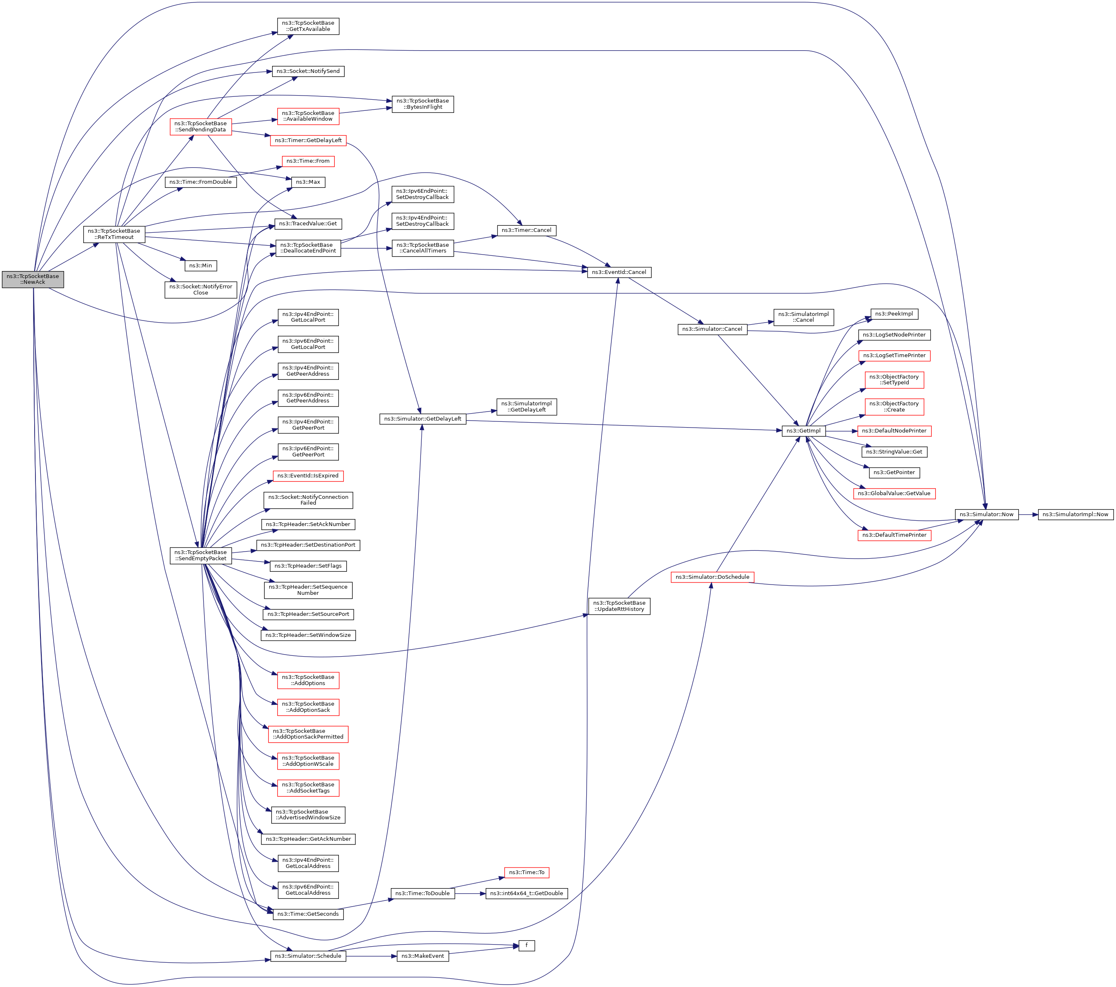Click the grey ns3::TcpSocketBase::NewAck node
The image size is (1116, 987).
click(x=33, y=279)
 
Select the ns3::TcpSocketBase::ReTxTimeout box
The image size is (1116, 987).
click(x=114, y=234)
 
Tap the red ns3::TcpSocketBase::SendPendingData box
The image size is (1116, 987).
click(x=200, y=126)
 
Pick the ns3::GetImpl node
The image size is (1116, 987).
click(x=803, y=431)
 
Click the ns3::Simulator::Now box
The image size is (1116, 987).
click(x=986, y=515)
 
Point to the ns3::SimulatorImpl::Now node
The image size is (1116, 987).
click(x=1075, y=515)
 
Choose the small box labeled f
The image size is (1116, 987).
click(x=526, y=945)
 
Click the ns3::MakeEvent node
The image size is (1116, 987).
click(x=423, y=956)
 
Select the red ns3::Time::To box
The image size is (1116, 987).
click(x=526, y=872)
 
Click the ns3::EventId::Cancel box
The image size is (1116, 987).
click(x=619, y=272)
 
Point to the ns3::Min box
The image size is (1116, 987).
click(x=200, y=266)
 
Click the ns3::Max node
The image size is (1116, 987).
click(x=308, y=182)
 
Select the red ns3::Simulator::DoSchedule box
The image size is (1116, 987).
click(x=712, y=577)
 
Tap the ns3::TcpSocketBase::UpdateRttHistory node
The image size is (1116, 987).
click(x=619, y=606)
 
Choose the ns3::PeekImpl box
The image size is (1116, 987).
click(x=894, y=314)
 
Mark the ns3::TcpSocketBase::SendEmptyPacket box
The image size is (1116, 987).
click(x=200, y=555)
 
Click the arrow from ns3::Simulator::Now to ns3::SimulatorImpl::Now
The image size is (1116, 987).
click(x=1028, y=515)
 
